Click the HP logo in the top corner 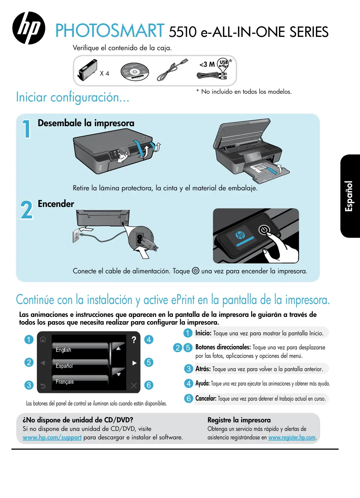pyautogui.click(x=29, y=28)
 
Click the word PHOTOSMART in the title pyautogui.click(x=110, y=31)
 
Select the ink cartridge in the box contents pyautogui.click(x=88, y=70)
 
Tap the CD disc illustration pyautogui.click(x=135, y=72)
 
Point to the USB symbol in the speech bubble pyautogui.click(x=224, y=63)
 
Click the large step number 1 pyautogui.click(x=27, y=129)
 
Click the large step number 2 pyautogui.click(x=27, y=210)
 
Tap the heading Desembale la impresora pyautogui.click(x=86, y=123)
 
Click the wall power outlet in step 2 pyautogui.click(x=76, y=236)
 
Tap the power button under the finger pyautogui.click(x=264, y=230)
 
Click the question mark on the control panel pyautogui.click(x=134, y=339)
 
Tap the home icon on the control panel pyautogui.click(x=43, y=339)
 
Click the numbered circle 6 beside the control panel pyautogui.click(x=149, y=385)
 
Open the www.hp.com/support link pyautogui.click(x=52, y=437)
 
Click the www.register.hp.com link pyautogui.click(x=292, y=437)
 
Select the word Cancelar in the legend pyautogui.click(x=206, y=398)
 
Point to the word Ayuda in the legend pyautogui.click(x=202, y=383)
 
